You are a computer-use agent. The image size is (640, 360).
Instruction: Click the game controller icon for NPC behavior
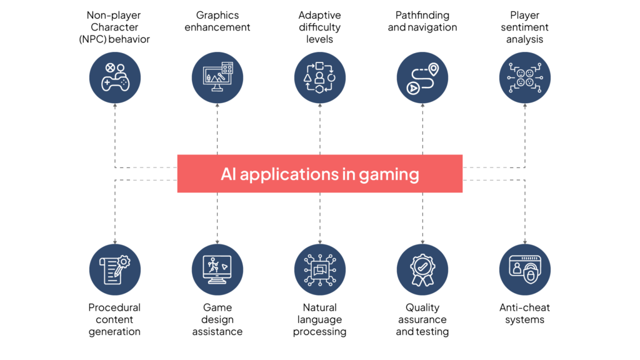pos(115,77)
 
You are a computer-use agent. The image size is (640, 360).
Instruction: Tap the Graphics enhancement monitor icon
pos(217,77)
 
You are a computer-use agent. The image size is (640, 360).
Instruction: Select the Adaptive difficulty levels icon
pos(320,77)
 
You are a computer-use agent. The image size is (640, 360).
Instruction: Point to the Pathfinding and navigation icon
pos(422,77)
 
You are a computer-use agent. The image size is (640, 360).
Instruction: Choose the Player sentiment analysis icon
pos(525,77)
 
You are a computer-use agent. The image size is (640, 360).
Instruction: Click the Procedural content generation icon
pos(115,270)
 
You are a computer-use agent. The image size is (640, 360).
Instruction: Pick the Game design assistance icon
pos(217,270)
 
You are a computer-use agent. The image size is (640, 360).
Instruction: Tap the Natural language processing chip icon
pos(320,270)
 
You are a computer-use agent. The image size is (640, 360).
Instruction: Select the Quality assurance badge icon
pos(422,270)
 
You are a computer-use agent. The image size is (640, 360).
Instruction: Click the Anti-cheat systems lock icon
pos(525,270)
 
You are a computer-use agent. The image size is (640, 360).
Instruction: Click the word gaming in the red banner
pos(389,175)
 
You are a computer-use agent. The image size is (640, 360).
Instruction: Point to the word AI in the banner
pos(229,174)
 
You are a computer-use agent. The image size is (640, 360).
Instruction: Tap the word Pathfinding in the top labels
pos(422,16)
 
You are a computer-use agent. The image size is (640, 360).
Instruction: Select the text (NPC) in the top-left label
pos(93,39)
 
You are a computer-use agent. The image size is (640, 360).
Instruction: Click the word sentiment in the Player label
pos(525,27)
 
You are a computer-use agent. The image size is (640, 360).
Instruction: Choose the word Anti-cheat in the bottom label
pos(525,307)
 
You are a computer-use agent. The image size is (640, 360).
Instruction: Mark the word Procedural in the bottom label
pos(114,307)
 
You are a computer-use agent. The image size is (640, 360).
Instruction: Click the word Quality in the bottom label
pos(422,308)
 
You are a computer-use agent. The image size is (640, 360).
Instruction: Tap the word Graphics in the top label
pos(217,16)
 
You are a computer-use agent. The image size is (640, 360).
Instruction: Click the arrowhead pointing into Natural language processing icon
pos(320,242)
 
